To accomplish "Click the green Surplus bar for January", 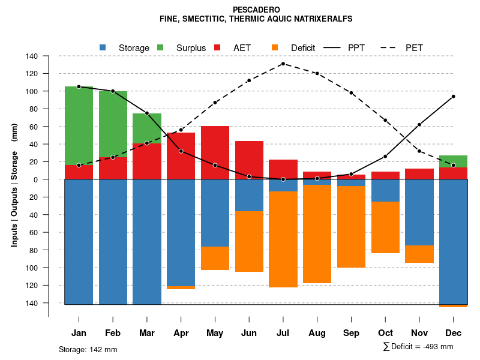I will [79, 126].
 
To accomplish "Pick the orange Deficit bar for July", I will [283, 239].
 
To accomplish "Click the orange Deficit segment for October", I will [385, 227].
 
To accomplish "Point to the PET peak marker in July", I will [283, 64].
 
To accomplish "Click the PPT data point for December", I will [454, 96].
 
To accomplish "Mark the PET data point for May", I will [215, 103].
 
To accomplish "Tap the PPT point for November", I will [419, 125].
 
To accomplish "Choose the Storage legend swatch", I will [103, 47].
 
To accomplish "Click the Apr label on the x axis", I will [181, 333].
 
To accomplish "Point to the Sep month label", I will [351, 333].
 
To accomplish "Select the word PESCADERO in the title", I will [256, 10].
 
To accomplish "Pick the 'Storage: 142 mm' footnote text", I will [88, 349].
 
